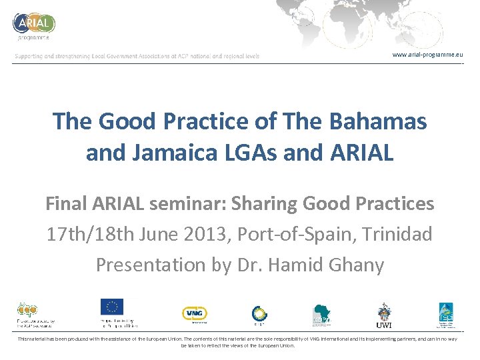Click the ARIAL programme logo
coord(33,25)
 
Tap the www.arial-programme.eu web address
coord(427,54)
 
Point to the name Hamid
coord(297,265)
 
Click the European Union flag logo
coord(112,307)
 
